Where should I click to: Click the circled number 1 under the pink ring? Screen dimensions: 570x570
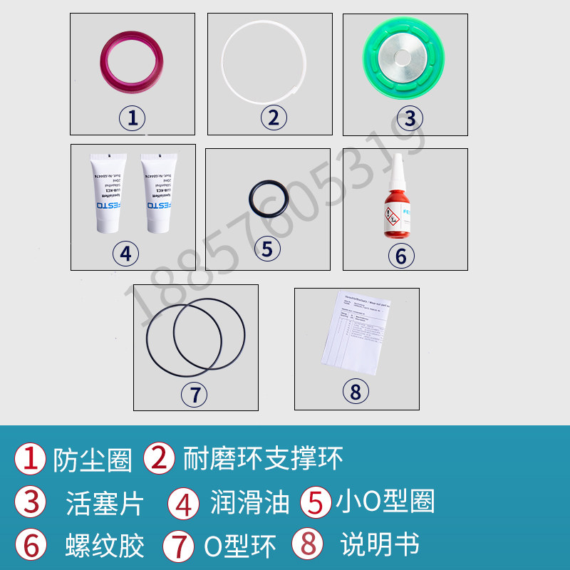coord(132,117)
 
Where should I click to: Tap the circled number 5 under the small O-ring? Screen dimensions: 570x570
coord(267,248)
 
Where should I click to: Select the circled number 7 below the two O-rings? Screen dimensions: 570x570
coord(195,394)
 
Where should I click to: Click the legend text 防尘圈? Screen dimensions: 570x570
coord(93,460)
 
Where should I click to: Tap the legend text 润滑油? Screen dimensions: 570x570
coord(249,503)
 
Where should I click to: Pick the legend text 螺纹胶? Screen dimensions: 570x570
coord(105,546)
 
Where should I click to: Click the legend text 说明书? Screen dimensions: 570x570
coord(379,545)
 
